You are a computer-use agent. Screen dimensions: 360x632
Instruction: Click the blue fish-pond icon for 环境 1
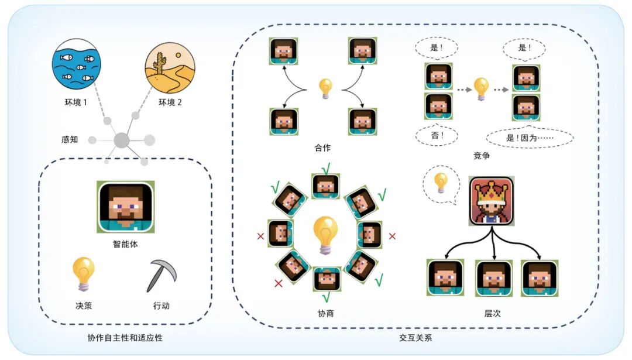tap(76, 68)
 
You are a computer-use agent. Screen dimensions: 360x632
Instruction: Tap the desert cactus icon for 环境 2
tap(170, 68)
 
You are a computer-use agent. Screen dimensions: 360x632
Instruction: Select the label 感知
tap(70, 140)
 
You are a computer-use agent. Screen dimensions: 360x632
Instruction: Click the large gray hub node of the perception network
tap(121, 140)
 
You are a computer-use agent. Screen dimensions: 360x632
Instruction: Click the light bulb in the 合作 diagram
tap(325, 88)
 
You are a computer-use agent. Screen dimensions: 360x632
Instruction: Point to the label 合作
tap(322, 148)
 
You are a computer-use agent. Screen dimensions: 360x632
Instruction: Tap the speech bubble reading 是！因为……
tap(530, 138)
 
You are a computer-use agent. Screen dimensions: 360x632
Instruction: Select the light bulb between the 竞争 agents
tap(481, 89)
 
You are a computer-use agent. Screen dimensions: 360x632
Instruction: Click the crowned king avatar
tap(491, 201)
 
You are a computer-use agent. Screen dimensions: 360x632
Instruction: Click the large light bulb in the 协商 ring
tap(325, 234)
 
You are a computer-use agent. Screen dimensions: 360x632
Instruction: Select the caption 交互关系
tap(415, 338)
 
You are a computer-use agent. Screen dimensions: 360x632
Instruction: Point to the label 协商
tap(325, 313)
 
